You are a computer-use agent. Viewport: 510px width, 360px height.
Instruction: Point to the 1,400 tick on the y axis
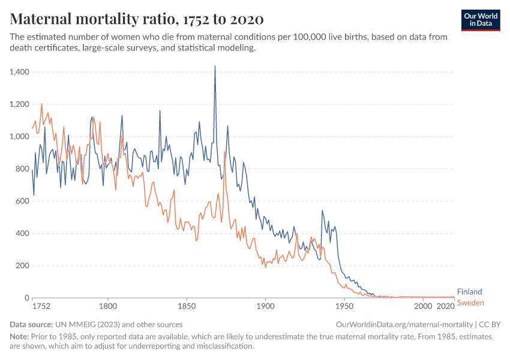[20, 72]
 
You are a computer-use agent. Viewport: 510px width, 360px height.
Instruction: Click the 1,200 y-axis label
[20, 104]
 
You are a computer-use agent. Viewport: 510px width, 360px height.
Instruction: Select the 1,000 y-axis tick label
[20, 137]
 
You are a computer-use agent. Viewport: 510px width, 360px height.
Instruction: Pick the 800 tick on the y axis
[23, 169]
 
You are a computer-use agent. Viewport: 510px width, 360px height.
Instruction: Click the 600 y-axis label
[23, 201]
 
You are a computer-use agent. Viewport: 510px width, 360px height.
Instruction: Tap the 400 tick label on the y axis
[23, 233]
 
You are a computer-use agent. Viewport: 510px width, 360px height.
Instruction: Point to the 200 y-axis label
[23, 266]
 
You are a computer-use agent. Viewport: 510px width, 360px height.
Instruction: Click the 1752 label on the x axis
[41, 306]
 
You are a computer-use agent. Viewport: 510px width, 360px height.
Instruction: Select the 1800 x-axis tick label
[108, 306]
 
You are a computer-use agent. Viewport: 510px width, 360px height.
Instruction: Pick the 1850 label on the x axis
[187, 306]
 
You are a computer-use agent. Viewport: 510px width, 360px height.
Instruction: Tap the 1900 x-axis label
[265, 306]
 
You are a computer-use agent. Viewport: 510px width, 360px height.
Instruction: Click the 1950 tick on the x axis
[344, 306]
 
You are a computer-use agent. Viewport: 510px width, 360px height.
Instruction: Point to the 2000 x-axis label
[423, 306]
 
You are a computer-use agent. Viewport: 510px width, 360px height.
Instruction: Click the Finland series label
[469, 292]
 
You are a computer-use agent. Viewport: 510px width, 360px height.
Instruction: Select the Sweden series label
[470, 303]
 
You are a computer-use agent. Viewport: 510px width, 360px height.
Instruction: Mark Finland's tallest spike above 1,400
[215, 67]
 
